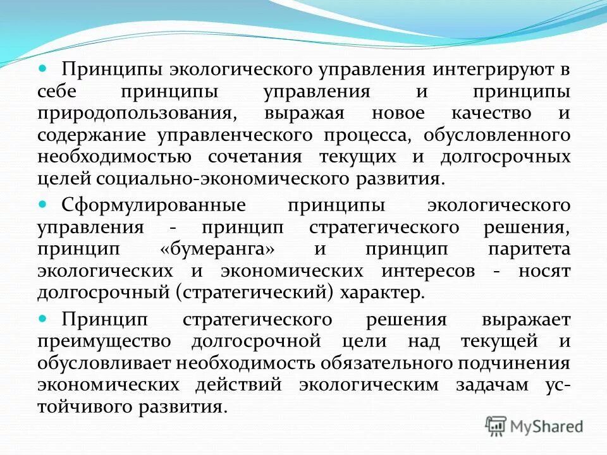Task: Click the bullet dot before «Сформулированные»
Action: point(43,204)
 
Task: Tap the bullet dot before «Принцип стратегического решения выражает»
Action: point(43,318)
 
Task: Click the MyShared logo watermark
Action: point(535,426)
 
